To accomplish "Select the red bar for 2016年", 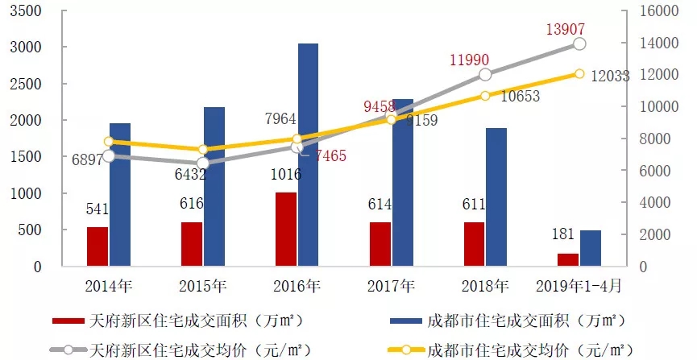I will click(286, 230).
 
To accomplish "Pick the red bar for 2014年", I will click(97, 246).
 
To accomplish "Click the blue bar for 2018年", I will click(496, 197).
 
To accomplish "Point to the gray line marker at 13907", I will click(579, 43).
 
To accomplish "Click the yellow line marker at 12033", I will click(579, 74).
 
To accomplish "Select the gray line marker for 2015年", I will click(202, 163).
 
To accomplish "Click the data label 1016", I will click(287, 175).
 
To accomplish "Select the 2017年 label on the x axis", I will click(391, 285).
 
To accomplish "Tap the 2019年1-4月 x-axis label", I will click(579, 285).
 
